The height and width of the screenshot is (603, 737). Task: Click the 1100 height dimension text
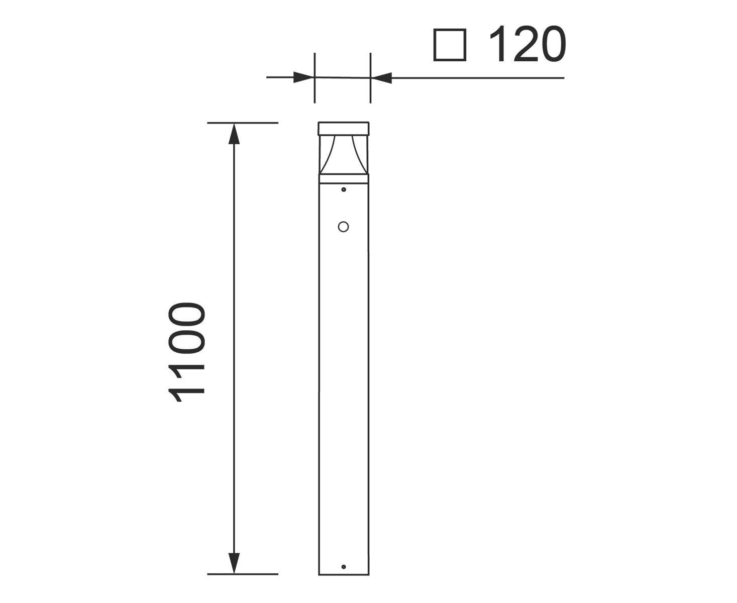click(186, 352)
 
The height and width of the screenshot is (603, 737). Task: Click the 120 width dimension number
click(528, 44)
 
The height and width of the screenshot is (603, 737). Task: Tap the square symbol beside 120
click(450, 45)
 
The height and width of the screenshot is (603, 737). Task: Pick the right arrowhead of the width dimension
click(381, 78)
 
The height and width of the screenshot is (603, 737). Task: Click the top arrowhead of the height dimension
click(234, 134)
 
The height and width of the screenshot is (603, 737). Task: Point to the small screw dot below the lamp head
click(344, 189)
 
